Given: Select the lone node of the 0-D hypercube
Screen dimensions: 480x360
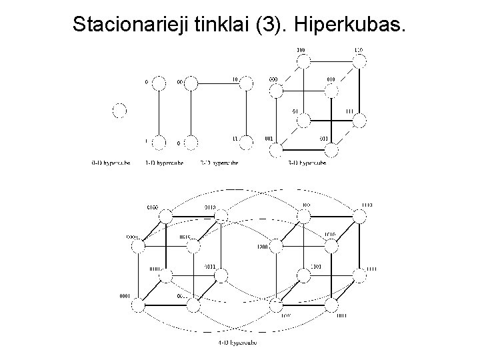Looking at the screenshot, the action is pos(119,111).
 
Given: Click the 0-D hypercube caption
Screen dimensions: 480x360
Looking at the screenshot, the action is pos(111,162).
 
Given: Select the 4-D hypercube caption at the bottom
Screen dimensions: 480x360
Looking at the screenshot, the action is pos(237,343).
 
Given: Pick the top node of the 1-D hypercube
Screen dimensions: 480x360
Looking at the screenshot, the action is pos(159,83).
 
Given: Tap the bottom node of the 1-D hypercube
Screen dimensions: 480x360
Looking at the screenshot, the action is pos(159,142).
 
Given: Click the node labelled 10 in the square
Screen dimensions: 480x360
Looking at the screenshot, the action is pos(247,83).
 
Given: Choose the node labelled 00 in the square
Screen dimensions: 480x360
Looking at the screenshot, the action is pos(191,83).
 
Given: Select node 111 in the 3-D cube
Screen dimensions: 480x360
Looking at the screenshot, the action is pos(360,120).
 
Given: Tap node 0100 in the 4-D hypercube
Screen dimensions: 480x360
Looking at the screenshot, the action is pos(166,214).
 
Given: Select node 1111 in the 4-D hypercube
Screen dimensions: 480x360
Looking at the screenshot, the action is pos(359,274).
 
